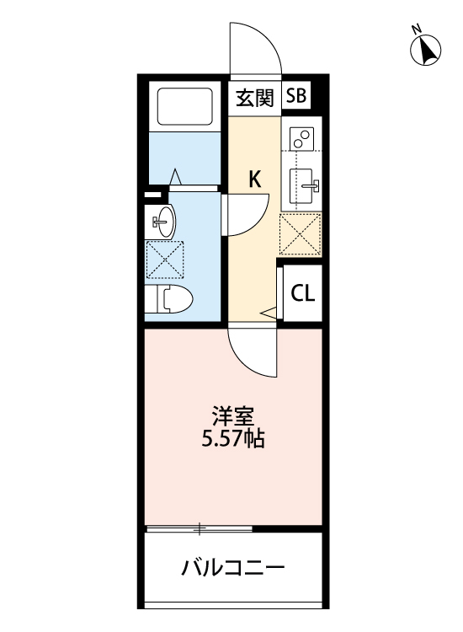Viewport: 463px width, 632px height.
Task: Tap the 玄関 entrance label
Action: [254, 97]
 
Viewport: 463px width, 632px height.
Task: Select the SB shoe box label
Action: [296, 96]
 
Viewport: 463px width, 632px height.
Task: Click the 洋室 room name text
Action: [232, 417]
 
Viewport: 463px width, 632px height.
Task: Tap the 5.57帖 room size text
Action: [232, 438]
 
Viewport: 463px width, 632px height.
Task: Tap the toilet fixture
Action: [173, 297]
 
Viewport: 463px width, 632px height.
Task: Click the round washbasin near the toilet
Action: [163, 222]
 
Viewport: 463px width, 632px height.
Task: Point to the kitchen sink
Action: [304, 183]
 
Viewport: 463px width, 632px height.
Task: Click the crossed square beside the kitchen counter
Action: [301, 233]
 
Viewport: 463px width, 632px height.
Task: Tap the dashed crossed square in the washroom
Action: [164, 259]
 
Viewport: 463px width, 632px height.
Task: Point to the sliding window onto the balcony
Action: [200, 529]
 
